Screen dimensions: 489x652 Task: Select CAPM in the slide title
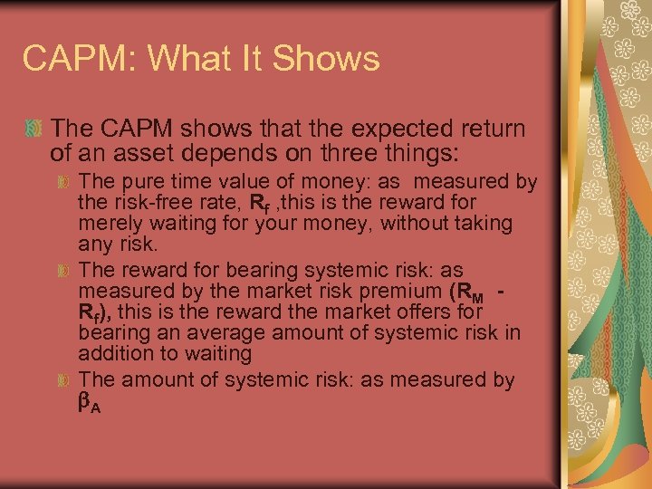point(77,59)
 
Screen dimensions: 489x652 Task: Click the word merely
point(108,223)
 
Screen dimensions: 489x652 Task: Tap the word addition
point(112,352)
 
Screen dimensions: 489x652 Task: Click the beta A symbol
point(89,403)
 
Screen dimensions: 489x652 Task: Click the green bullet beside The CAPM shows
point(33,129)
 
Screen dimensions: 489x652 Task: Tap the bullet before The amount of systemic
point(63,381)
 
